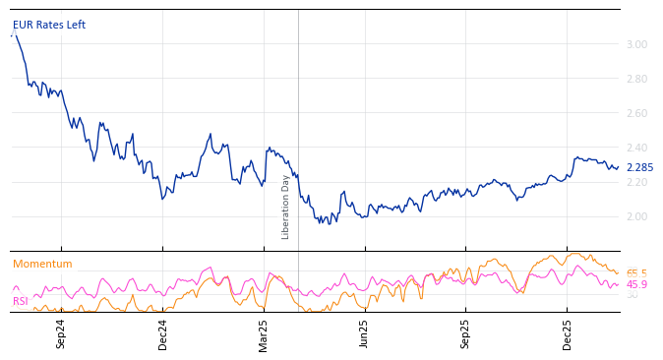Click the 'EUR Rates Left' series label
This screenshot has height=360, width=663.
click(x=49, y=25)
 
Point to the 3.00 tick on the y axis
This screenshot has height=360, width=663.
click(x=636, y=44)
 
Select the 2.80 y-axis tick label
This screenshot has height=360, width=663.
click(x=636, y=79)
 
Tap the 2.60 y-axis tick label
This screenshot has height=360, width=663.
click(x=636, y=113)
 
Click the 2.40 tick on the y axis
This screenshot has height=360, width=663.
click(x=636, y=148)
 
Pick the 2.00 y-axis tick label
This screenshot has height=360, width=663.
click(x=636, y=216)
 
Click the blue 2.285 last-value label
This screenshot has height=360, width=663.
click(x=639, y=168)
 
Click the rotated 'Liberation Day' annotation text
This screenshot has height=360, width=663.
click(x=286, y=207)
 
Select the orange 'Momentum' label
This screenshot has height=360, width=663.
click(x=42, y=265)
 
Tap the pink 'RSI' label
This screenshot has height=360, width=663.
click(x=21, y=301)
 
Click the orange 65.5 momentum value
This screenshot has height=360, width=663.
click(x=636, y=273)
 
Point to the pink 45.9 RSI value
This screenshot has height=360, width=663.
click(x=636, y=285)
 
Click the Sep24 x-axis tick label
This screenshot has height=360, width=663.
click(x=61, y=333)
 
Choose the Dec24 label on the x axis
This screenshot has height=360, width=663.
click(x=163, y=333)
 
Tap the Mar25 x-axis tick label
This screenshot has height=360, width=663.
click(x=264, y=333)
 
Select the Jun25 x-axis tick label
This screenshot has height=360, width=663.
click(x=365, y=333)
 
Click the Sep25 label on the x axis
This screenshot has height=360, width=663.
click(x=466, y=333)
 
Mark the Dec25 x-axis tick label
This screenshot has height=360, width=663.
click(x=568, y=333)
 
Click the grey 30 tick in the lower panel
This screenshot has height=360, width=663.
click(x=632, y=295)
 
